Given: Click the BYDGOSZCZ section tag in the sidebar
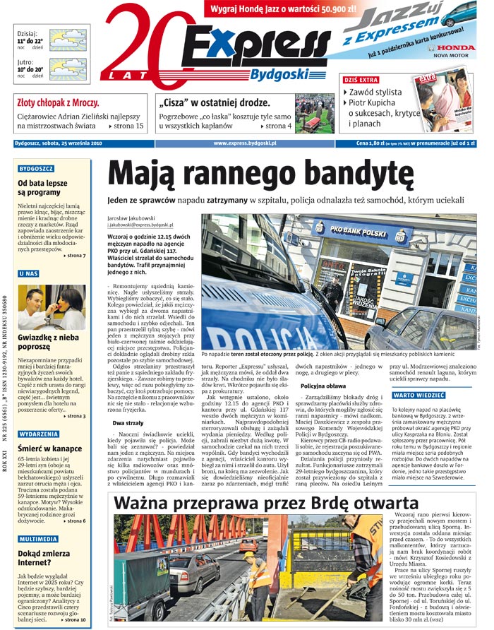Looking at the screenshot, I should [36, 170].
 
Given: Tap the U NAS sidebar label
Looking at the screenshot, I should [29, 273].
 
